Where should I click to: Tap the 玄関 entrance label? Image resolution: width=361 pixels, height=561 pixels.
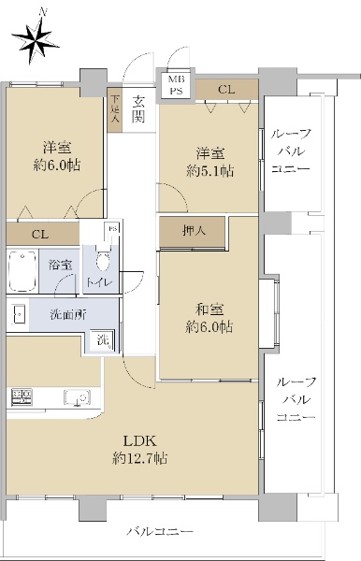tap(138, 109)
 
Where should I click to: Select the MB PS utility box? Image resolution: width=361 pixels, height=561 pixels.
tap(176, 85)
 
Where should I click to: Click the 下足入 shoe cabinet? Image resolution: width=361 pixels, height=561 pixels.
tap(114, 110)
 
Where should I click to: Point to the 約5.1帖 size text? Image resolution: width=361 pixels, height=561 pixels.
tap(210, 171)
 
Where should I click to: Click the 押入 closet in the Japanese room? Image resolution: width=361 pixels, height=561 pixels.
tap(192, 232)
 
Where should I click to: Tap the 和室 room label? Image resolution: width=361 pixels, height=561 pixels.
tap(209, 309)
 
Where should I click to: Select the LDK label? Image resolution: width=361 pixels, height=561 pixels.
tap(140, 440)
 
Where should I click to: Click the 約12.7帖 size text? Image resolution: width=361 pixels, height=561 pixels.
tap(140, 458)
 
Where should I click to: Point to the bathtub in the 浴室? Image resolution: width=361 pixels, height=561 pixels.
tap(22, 271)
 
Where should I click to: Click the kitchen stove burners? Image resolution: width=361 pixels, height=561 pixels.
tap(22, 397)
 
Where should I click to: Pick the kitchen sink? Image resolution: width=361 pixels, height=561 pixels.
tap(77, 398)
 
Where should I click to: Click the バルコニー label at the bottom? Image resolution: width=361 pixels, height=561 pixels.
tap(160, 531)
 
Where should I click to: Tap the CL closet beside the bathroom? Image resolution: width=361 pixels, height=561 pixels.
tap(42, 235)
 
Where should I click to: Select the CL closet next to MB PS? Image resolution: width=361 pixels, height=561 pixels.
tap(226, 90)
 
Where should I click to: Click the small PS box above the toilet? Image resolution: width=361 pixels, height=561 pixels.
tap(112, 229)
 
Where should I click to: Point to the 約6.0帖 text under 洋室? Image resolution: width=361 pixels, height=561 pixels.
tap(57, 165)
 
